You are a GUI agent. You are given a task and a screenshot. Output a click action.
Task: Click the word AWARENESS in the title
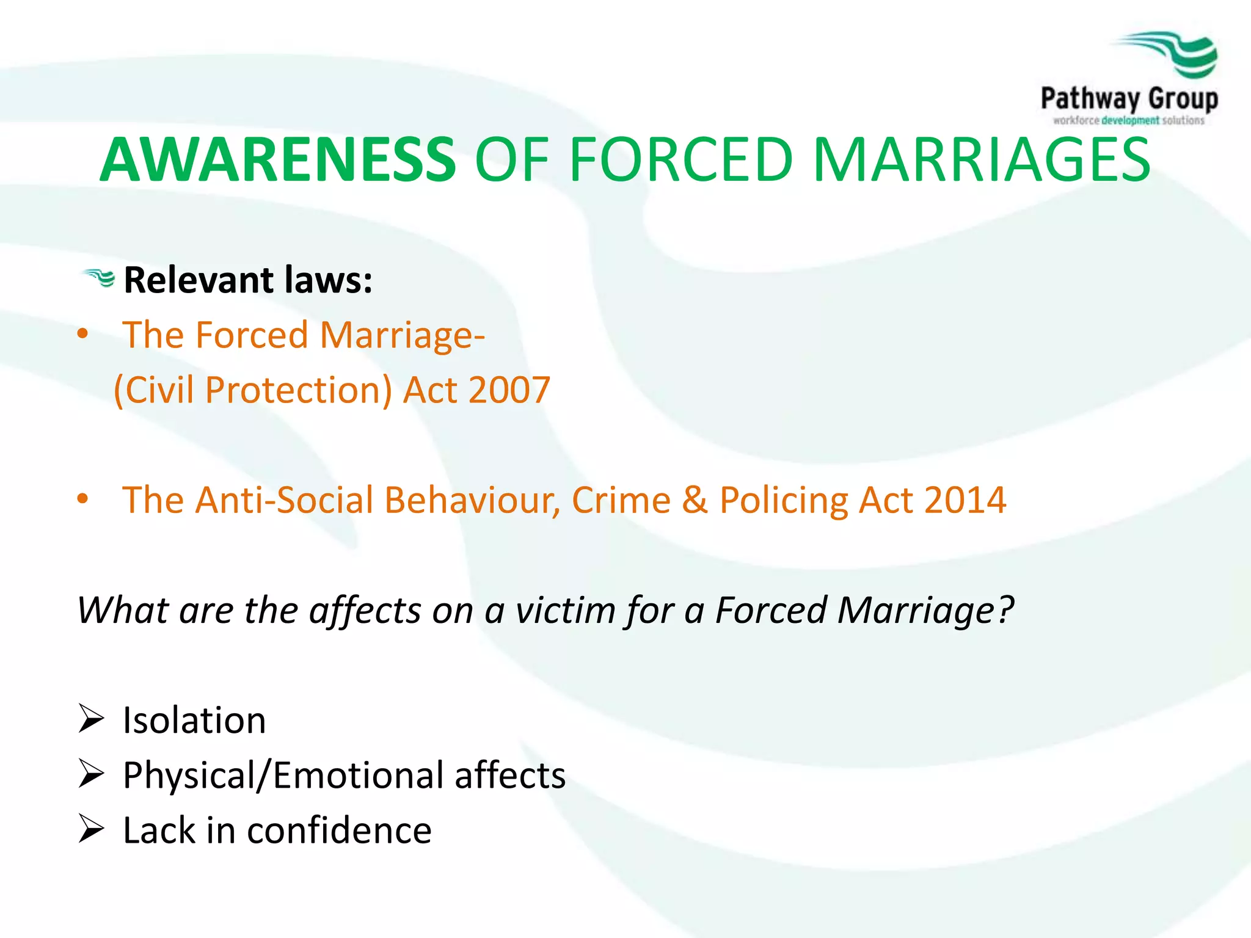pos(278,160)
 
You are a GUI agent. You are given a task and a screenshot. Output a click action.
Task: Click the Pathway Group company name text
pos(1129,99)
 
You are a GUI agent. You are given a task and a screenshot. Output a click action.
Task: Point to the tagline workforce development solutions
pos(1129,120)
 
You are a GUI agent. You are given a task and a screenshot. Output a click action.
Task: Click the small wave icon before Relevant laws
pos(100,278)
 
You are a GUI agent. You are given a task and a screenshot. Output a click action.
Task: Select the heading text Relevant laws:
pos(248,280)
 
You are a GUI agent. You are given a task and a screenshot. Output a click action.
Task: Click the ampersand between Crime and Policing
pos(695,500)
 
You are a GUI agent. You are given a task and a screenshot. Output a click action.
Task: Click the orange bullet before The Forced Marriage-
pos(83,335)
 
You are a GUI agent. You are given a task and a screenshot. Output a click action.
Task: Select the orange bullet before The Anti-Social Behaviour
pos(83,500)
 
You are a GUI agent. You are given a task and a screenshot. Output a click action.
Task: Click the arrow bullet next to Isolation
pos(92,719)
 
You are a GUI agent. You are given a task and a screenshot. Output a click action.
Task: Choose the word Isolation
pos(194,720)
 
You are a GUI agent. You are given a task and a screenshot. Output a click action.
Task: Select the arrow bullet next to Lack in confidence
pos(92,829)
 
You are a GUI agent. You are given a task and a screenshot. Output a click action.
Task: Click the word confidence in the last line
pos(339,831)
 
